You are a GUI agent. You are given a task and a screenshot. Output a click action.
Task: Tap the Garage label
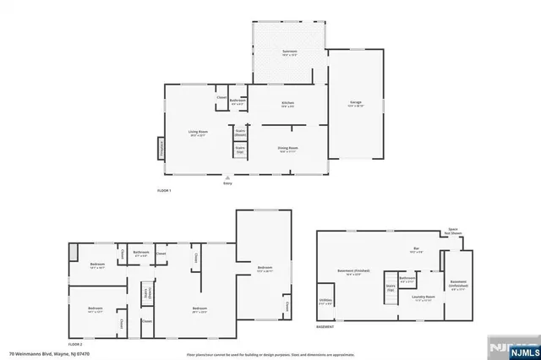[356, 104]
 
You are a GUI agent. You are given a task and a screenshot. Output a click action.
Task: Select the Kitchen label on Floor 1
[287, 105]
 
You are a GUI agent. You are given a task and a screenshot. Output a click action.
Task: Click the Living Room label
[198, 133]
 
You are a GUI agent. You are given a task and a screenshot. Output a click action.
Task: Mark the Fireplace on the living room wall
[161, 148]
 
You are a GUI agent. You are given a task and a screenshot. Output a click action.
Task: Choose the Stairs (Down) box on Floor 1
[240, 133]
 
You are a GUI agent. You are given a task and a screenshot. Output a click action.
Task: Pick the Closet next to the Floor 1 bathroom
[221, 98]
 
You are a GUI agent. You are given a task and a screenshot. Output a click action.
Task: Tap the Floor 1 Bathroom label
[238, 101]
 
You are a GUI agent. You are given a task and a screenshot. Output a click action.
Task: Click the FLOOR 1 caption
[164, 191]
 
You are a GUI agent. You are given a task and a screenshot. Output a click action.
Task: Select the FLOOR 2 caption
[75, 344]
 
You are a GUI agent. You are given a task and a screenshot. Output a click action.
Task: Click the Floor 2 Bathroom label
[141, 253]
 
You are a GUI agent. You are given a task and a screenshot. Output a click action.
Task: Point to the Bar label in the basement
[414, 250]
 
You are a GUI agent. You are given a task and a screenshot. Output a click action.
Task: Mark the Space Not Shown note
[453, 232]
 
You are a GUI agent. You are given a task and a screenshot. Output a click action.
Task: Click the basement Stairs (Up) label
[391, 287]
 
